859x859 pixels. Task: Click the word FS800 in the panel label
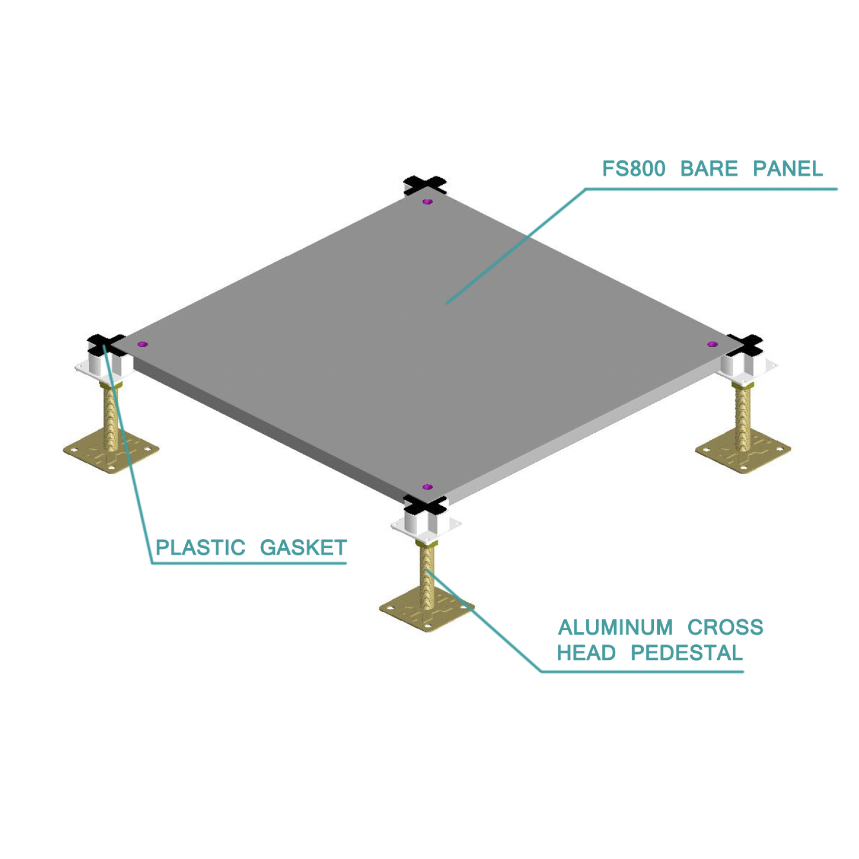tap(634, 169)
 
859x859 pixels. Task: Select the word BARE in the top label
tap(709, 169)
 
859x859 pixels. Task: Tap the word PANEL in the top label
tap(788, 169)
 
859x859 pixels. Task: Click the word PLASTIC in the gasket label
tap(200, 548)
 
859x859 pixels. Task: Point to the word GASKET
tap(303, 548)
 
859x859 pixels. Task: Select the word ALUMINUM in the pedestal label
tap(615, 627)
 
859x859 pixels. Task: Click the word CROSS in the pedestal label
tap(725, 627)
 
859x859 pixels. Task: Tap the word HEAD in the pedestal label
tap(586, 653)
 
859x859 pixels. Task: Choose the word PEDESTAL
tap(687, 653)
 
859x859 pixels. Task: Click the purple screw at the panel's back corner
tap(427, 202)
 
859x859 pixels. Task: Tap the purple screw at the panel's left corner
tap(142, 344)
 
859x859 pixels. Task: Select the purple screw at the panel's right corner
tap(712, 344)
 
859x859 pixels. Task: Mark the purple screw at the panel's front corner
tap(427, 487)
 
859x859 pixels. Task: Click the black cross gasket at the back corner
tap(425, 185)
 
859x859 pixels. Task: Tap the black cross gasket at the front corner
tap(425, 505)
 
